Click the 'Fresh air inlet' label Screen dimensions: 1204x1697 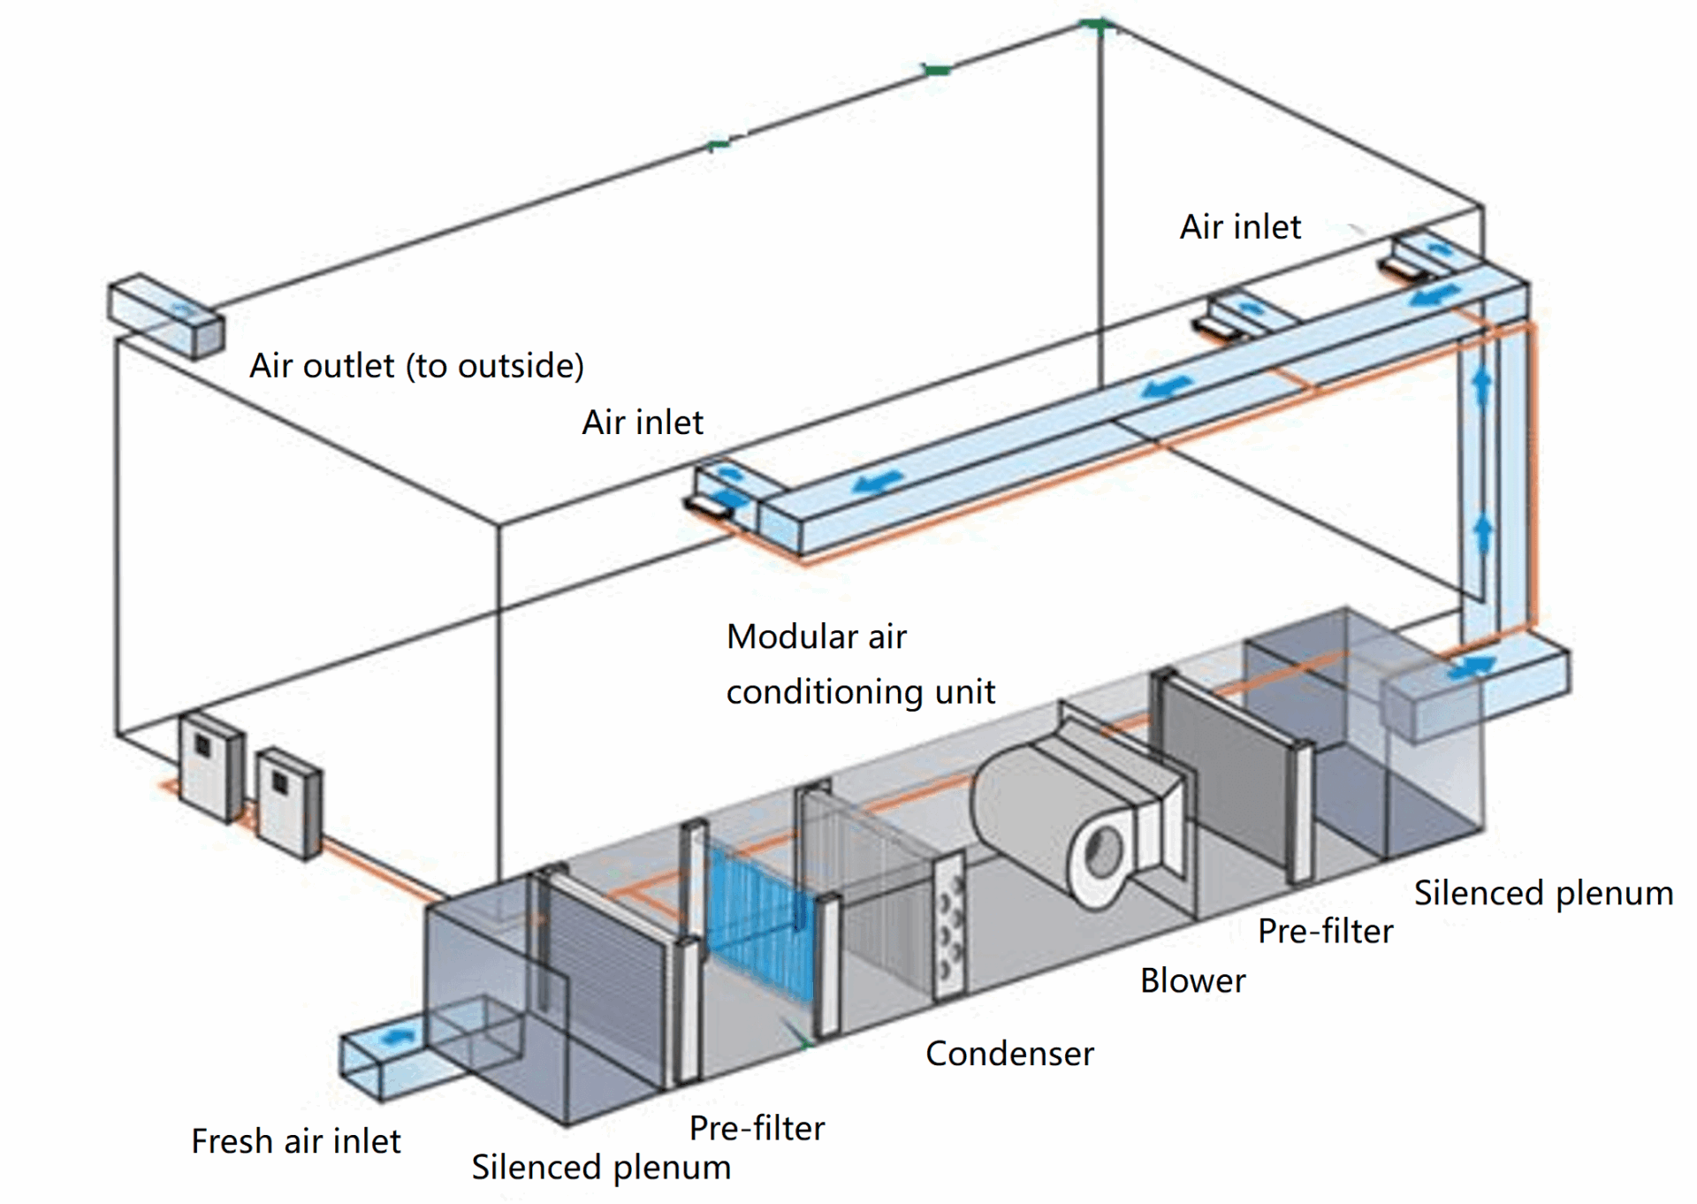295,1141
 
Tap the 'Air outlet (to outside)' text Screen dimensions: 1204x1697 416,365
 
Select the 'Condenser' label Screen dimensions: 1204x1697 1008,1054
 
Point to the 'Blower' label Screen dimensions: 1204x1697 1192,980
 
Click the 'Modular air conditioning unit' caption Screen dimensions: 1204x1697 860,664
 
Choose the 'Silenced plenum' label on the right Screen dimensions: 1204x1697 1543,893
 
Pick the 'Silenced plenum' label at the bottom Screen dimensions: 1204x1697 601,1167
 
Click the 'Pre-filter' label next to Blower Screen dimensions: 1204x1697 1325,931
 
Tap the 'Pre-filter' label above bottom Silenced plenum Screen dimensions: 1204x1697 757,1128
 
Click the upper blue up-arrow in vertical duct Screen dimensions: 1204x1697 1482,385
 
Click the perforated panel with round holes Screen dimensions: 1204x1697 950,928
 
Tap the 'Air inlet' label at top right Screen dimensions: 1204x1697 1240,227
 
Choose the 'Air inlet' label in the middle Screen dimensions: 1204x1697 643,423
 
